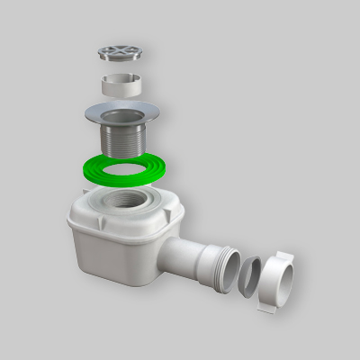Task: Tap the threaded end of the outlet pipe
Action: [x=229, y=265]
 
